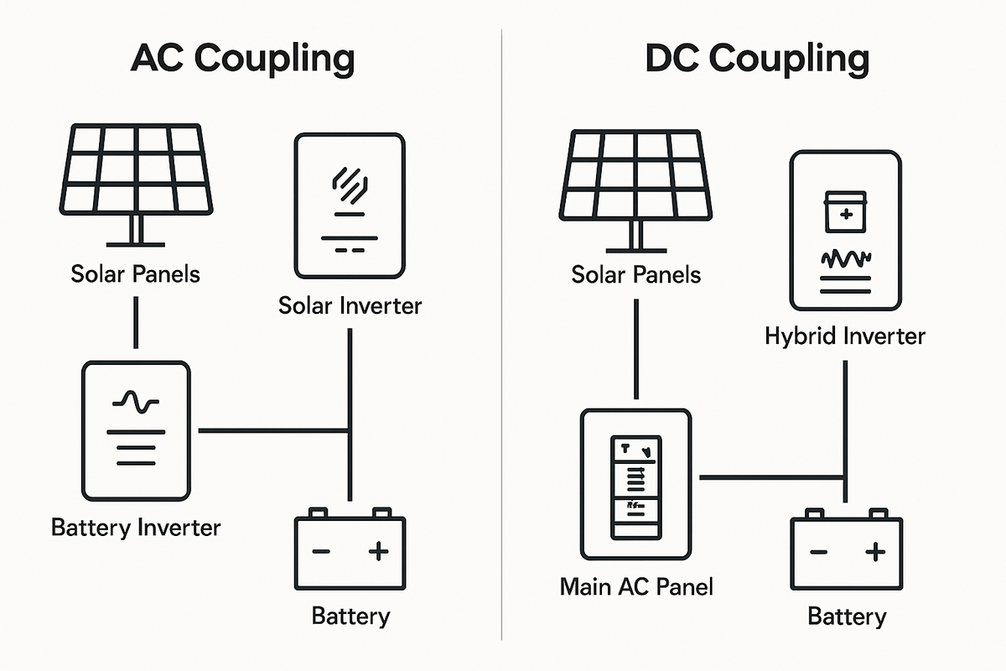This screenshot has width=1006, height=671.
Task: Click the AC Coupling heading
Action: [x=242, y=60]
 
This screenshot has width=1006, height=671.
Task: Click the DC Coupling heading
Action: [x=757, y=60]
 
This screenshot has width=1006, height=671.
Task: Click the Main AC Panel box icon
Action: [x=635, y=486]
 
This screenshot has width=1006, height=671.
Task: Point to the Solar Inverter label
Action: [x=350, y=305]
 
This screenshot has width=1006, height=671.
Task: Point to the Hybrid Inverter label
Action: [x=845, y=336]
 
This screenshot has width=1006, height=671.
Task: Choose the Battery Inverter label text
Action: [x=136, y=528]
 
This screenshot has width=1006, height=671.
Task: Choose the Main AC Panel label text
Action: [x=636, y=585]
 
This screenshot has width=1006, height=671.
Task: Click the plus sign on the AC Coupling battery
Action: [x=379, y=551]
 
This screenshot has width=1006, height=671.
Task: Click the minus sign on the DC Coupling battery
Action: [x=818, y=552]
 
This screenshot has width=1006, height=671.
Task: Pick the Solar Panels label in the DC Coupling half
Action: [x=636, y=274]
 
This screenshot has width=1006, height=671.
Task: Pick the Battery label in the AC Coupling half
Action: [x=350, y=616]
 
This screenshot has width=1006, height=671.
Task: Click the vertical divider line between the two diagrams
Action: [x=501, y=335]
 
